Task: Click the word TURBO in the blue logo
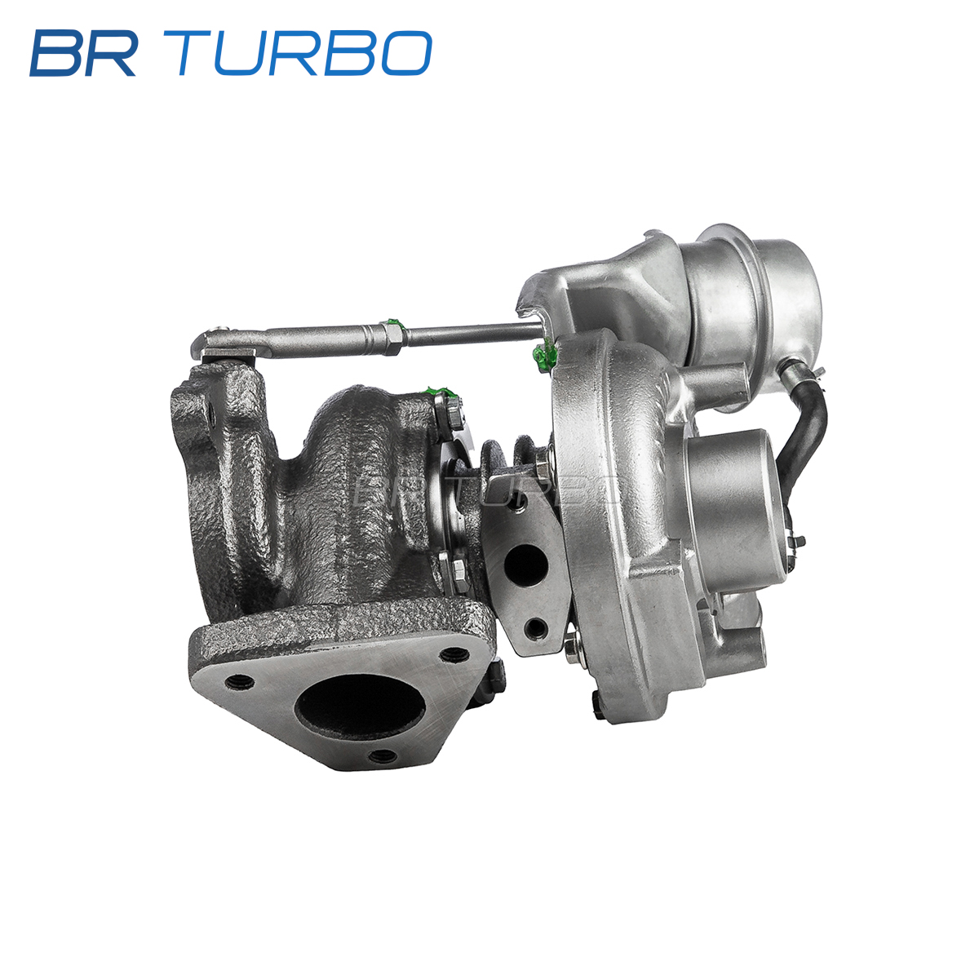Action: (305, 53)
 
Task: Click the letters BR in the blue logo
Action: (84, 53)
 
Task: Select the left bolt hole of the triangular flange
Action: (239, 680)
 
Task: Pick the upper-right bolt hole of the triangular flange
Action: (453, 653)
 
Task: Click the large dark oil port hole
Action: (525, 565)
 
